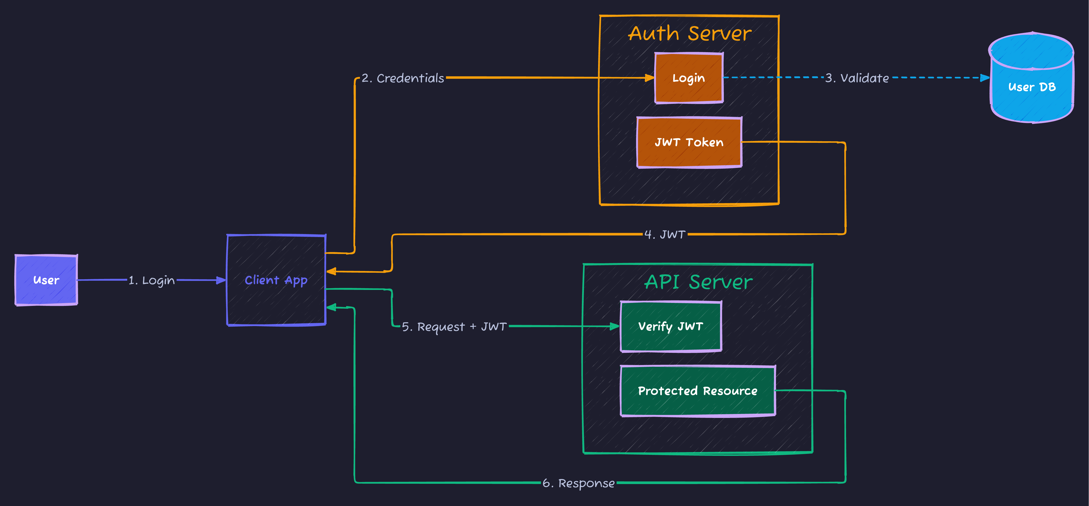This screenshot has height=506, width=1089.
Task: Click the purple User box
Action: pos(46,280)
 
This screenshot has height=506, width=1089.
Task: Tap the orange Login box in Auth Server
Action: pos(689,78)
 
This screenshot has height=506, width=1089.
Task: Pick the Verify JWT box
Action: pos(670,326)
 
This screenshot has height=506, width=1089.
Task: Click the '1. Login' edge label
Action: pos(151,280)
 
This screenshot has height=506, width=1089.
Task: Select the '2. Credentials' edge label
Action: pos(403,78)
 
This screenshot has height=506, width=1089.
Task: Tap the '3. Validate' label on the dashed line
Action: pos(857,78)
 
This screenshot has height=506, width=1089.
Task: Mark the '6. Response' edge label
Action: pos(578,483)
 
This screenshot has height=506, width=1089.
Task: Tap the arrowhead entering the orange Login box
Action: pos(649,78)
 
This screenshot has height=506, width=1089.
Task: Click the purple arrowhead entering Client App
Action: pos(221,280)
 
